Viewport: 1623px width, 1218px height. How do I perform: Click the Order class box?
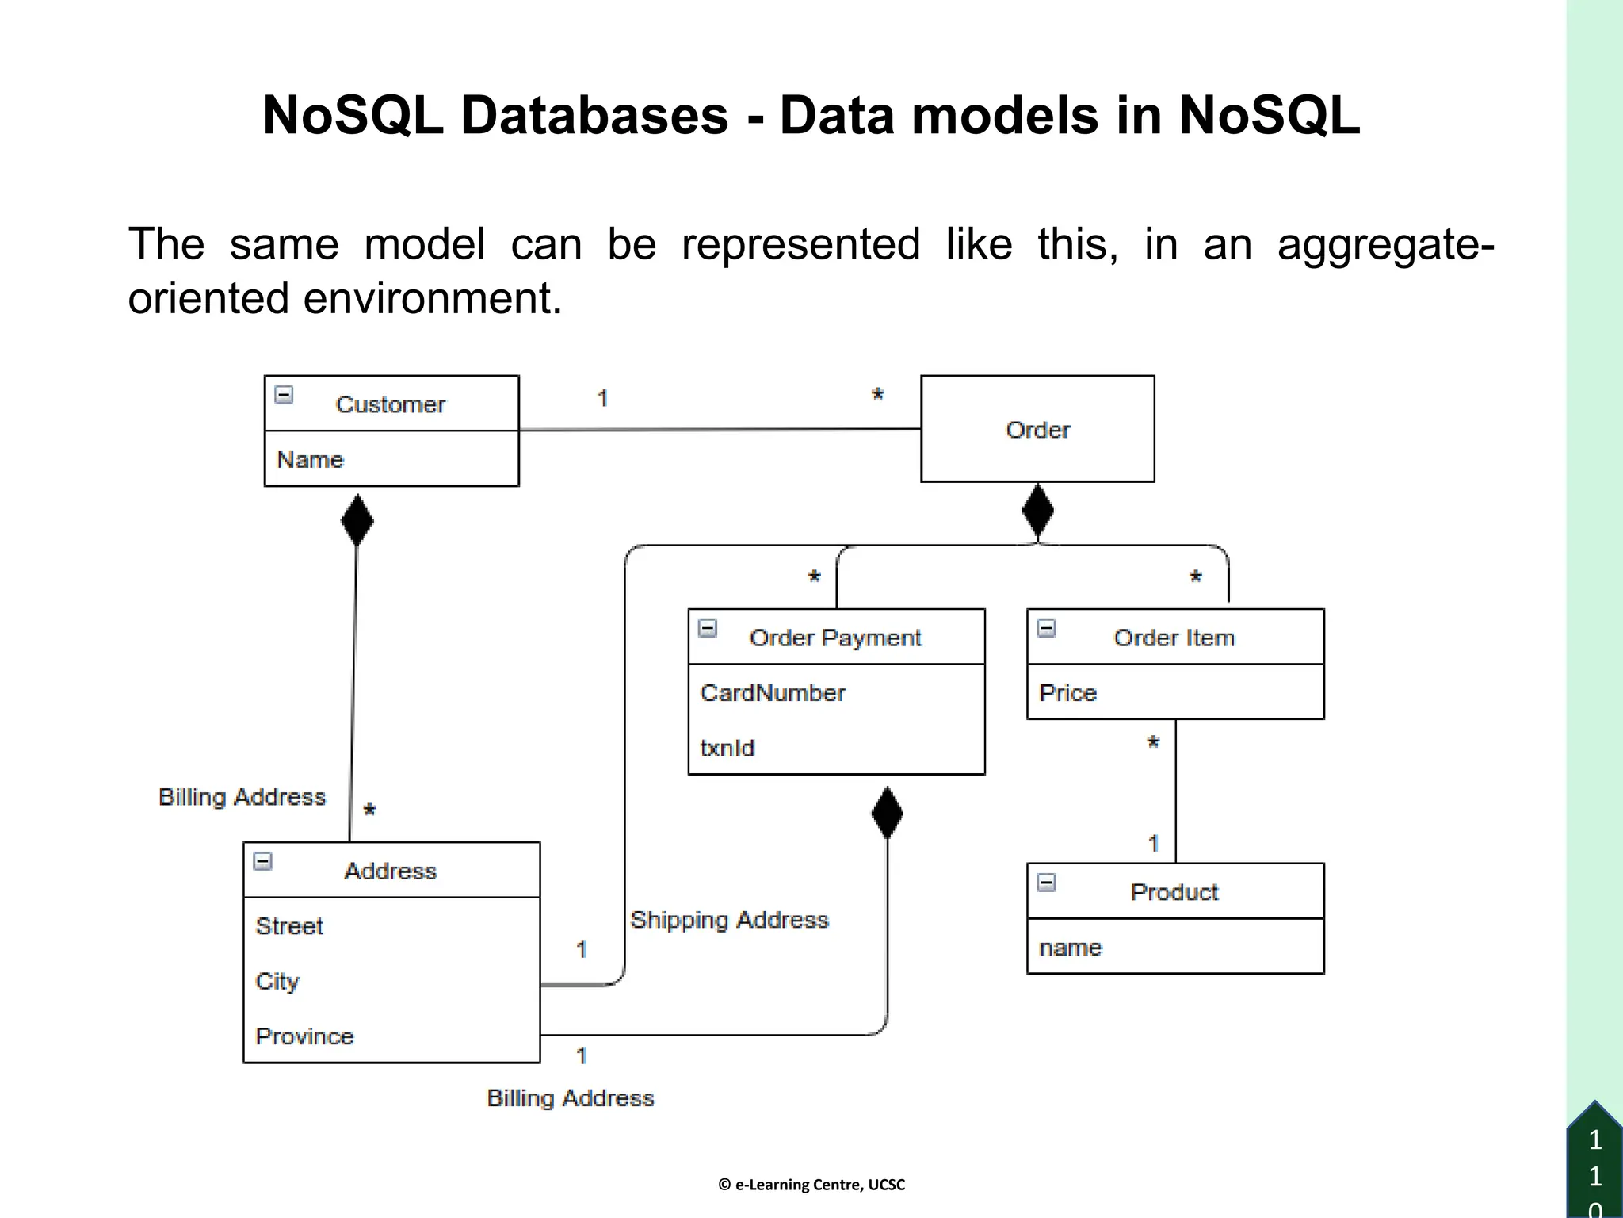click(x=1037, y=429)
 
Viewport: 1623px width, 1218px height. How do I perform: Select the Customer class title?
click(x=391, y=404)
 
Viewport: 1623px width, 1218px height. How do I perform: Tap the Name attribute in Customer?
click(x=310, y=460)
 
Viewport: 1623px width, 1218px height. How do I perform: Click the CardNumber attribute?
click(x=773, y=693)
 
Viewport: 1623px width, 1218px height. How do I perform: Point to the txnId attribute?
click(x=727, y=748)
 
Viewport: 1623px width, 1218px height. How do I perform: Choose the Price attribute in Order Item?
click(x=1067, y=693)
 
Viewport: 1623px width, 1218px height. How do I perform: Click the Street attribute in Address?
click(x=289, y=926)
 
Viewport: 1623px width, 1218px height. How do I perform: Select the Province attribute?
click(x=304, y=1036)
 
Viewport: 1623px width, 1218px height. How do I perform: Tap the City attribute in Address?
click(x=277, y=982)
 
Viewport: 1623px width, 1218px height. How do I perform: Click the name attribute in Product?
click(x=1071, y=948)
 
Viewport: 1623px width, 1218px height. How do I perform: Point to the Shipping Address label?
click(x=729, y=920)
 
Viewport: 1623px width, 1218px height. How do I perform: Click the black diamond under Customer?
click(x=357, y=520)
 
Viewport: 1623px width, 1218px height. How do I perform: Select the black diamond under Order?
click(x=1037, y=511)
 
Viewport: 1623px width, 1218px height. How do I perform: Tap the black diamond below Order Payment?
click(x=887, y=813)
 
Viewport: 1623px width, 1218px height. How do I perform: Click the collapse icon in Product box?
click(x=1047, y=883)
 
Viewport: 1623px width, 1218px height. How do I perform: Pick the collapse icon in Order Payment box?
click(x=708, y=629)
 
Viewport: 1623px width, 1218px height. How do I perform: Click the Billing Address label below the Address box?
click(x=571, y=1098)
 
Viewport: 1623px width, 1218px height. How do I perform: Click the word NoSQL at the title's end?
click(x=1269, y=116)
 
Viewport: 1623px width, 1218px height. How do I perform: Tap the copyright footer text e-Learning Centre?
click(x=811, y=1185)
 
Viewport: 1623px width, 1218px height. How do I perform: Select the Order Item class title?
click(x=1174, y=638)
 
